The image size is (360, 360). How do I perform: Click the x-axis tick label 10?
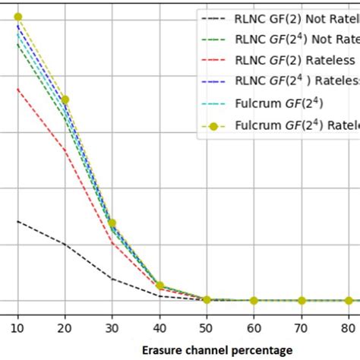coord(17,328)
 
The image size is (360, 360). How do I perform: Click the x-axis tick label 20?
coord(65,328)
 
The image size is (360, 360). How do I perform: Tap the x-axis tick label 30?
coord(112,328)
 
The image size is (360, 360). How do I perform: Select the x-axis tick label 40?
coord(159,328)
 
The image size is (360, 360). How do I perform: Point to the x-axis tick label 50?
coord(207,328)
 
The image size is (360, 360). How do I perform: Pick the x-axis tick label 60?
coord(254,328)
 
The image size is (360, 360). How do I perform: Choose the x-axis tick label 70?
coord(302,328)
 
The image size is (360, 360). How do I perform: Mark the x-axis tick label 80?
coord(349,328)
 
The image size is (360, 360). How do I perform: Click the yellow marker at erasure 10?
coord(17,17)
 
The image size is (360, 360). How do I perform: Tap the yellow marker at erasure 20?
coord(65,99)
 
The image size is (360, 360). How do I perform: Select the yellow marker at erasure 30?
coord(112,223)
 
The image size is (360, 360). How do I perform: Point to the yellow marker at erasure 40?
coord(159,286)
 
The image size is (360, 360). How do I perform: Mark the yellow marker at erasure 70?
coord(302,301)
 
